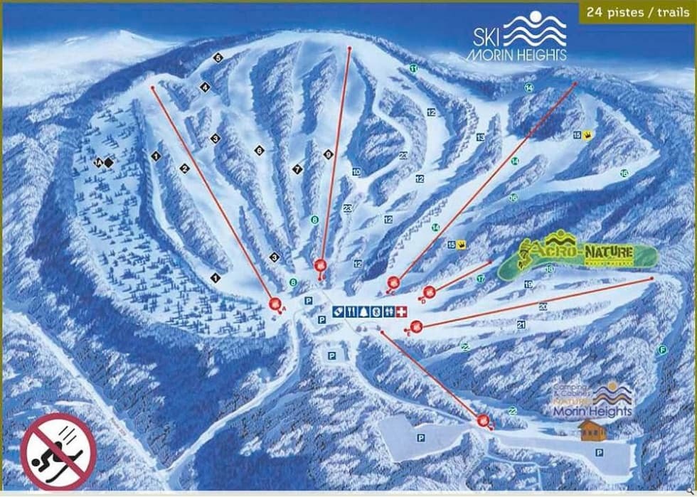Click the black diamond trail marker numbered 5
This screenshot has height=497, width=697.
coord(218,57)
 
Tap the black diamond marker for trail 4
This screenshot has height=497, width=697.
coord(205,87)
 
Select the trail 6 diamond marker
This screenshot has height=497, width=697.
coord(260,150)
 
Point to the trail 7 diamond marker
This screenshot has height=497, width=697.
coord(297,169)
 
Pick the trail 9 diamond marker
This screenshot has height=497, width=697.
coord(328,154)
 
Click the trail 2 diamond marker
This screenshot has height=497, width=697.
coord(183,169)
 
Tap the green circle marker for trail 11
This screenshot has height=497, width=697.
coord(413,68)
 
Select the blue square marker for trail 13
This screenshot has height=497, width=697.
coord(480,138)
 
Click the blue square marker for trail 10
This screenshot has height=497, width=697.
coord(356,171)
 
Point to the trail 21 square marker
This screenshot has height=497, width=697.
coord(521,324)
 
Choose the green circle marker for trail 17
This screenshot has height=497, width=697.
coord(481,279)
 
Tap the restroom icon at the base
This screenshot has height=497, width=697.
coord(388,311)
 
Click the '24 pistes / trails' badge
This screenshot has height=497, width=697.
coord(636,11)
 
